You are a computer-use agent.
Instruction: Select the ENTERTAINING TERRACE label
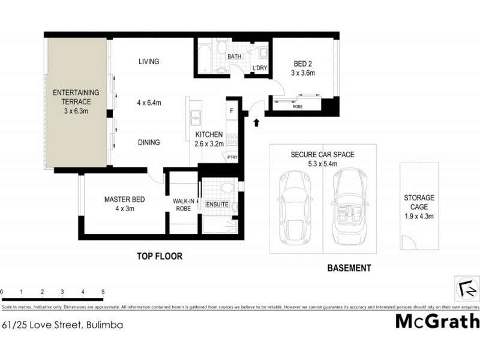coord(76,101)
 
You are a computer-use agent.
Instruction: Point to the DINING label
coord(148,142)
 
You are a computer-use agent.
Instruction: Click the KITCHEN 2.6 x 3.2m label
coord(209,139)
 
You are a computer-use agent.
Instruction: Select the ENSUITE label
coord(217,205)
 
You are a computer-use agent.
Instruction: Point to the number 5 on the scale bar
coord(103,292)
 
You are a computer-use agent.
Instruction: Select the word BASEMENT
coord(349,268)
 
